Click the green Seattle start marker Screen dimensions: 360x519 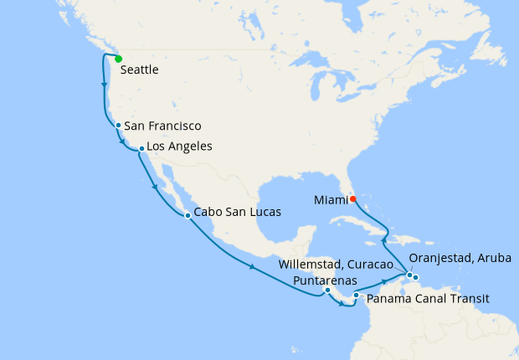118,59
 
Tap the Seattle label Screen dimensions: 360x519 140,71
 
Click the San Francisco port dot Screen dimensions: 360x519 119,126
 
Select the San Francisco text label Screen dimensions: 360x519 163,126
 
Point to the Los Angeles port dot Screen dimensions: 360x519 141,149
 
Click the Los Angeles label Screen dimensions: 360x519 179,147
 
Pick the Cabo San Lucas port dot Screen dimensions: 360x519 188,216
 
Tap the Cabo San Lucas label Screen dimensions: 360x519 238,213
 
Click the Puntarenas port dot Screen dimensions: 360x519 327,291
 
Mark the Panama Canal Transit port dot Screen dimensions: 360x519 356,295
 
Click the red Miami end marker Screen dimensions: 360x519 352,198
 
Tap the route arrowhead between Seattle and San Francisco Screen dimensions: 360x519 104,85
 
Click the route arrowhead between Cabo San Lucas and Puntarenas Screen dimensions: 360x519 252,267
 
